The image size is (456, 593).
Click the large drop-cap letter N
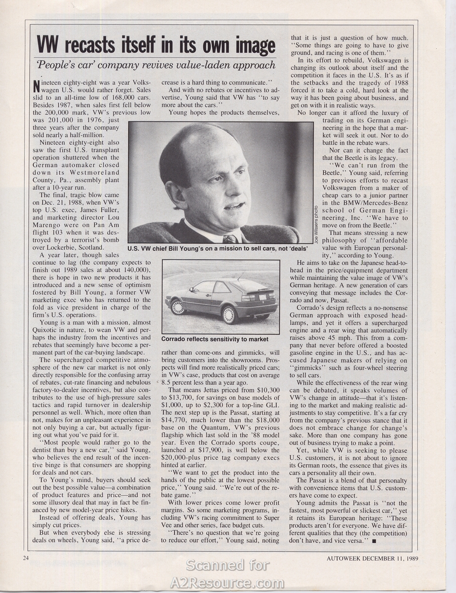[x=35, y=87]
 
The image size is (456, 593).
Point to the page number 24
[x=26, y=559]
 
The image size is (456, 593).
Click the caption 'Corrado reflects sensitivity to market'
[x=215, y=339]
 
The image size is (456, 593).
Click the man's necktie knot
[x=230, y=238]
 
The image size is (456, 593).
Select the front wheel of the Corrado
[x=178, y=307]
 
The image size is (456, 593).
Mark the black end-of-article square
[x=374, y=541]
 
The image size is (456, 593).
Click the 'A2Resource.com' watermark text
[x=227, y=583]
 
